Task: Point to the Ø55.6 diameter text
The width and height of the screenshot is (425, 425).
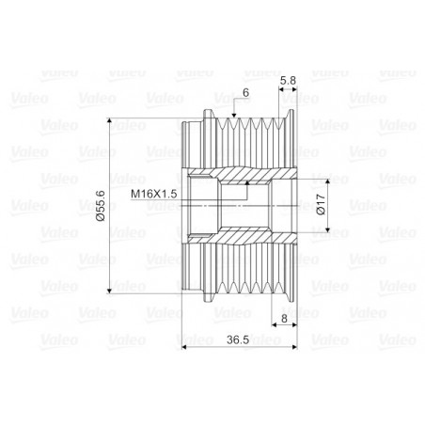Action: click(x=101, y=205)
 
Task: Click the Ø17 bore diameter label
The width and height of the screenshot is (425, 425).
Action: click(x=321, y=204)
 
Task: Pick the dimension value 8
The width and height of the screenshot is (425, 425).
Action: click(x=285, y=319)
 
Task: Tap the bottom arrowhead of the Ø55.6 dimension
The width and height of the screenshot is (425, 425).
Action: click(x=112, y=288)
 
